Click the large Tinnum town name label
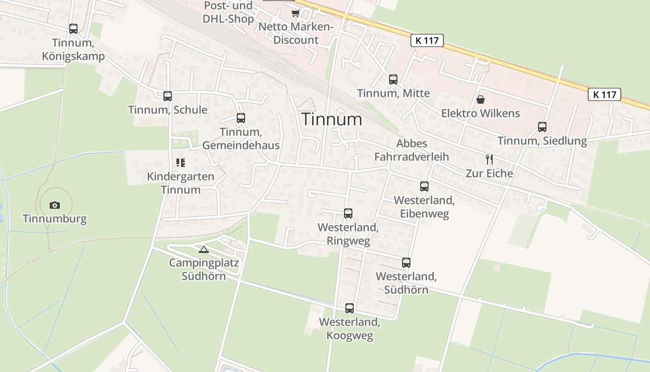coord(332,120)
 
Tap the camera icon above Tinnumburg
coord(55,205)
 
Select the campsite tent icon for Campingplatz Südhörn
coord(203,250)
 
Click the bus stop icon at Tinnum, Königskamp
coord(73,29)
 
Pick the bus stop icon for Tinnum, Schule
coord(168,96)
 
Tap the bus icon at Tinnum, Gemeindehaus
coord(240,118)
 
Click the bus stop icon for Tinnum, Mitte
coord(393,80)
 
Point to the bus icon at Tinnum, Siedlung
coord(542,127)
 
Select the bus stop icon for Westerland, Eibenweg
coord(424,186)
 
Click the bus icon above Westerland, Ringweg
coord(348,213)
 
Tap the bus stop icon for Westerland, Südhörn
coord(406,263)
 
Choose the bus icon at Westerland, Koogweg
coord(350,308)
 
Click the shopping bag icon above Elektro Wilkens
coord(480,100)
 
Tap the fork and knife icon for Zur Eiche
coord(489,159)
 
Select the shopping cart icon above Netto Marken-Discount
coord(295,13)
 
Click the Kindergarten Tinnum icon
coord(181,163)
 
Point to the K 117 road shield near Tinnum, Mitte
coord(427,40)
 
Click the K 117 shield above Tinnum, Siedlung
coord(604,95)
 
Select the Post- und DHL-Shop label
coord(228,13)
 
